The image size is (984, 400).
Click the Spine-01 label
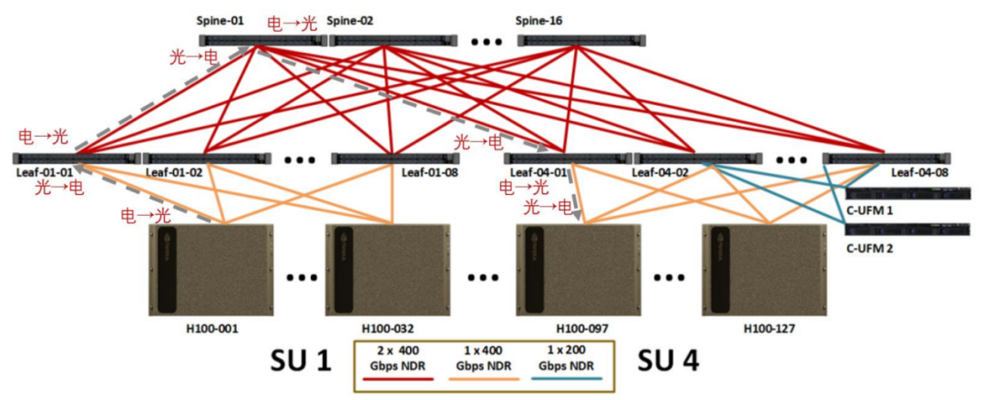[220, 20]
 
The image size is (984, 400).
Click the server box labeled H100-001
[209, 269]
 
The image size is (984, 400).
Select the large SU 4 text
[668, 362]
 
